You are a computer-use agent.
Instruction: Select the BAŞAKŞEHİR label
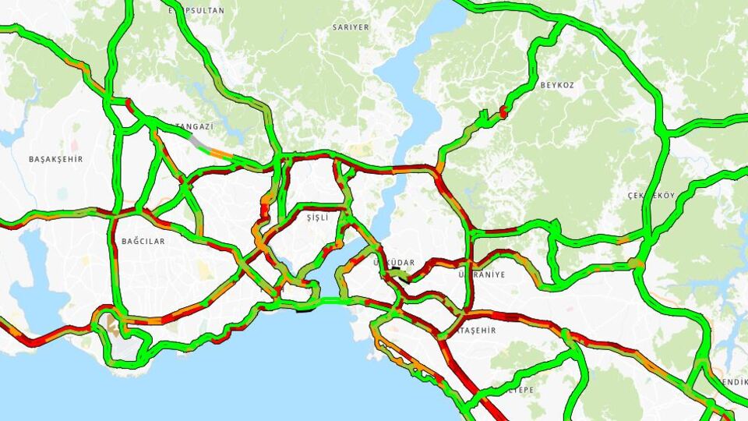point(55,159)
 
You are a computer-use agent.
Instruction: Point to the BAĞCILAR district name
point(143,242)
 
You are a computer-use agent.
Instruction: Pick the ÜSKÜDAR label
point(394,263)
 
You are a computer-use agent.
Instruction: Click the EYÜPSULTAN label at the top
point(196,10)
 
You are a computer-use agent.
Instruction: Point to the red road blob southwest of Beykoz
point(503,112)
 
